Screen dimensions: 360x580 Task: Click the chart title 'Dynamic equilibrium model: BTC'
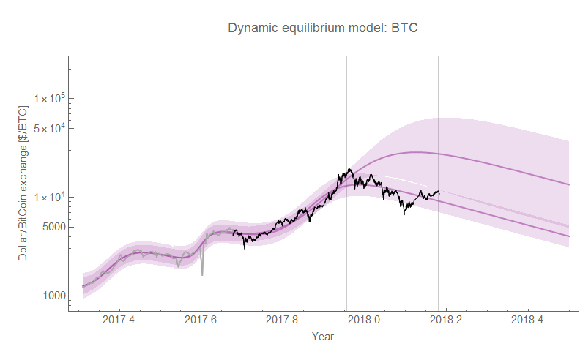click(x=323, y=28)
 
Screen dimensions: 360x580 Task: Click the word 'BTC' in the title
click(x=404, y=28)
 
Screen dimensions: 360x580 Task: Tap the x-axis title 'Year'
click(x=323, y=337)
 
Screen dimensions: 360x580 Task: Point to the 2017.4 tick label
click(x=119, y=320)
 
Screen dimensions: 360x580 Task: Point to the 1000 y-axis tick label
click(x=52, y=296)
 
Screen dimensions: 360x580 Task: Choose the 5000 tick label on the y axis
click(x=52, y=227)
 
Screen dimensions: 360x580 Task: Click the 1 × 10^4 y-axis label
click(x=49, y=198)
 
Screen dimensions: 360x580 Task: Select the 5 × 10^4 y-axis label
click(x=49, y=128)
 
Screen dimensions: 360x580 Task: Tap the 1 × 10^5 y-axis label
click(x=49, y=99)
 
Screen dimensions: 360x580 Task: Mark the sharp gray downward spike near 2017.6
click(x=202, y=274)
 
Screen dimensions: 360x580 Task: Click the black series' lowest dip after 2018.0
click(x=404, y=214)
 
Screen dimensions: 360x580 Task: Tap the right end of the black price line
click(x=439, y=193)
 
